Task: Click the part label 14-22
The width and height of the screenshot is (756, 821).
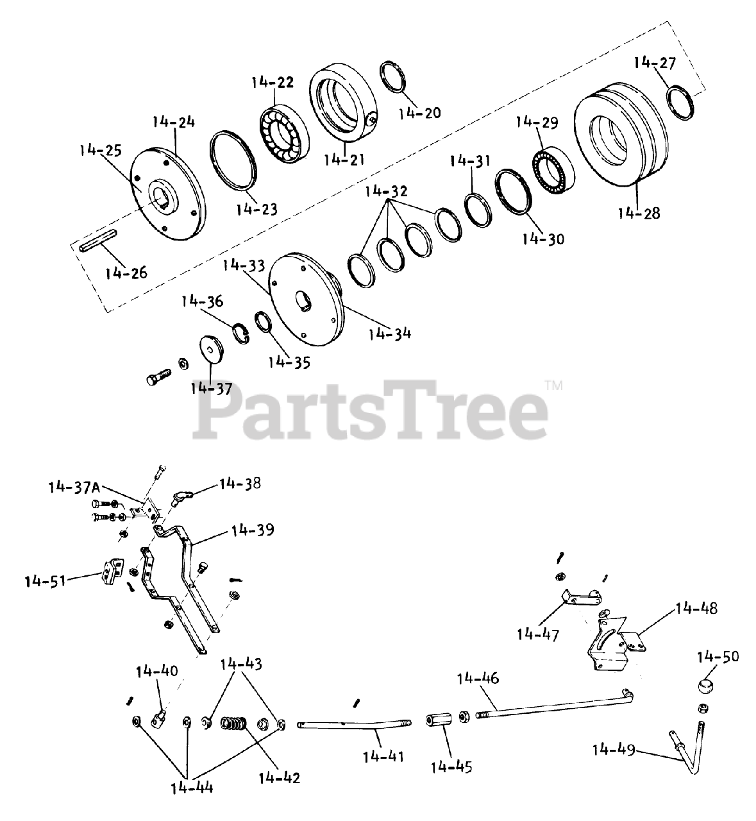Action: point(273,82)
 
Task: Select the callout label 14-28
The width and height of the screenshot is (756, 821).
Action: point(639,213)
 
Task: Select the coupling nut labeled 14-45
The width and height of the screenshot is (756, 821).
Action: point(437,716)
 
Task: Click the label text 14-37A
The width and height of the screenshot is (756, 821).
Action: point(74,487)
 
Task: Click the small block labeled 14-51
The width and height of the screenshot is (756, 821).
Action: point(112,569)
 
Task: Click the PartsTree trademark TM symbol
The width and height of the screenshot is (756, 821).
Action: point(553,386)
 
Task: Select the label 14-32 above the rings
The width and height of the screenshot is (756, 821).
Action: point(386,191)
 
